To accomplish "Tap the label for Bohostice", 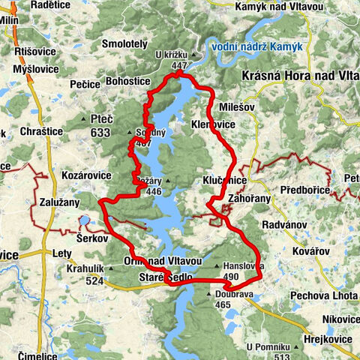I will tap(109, 79).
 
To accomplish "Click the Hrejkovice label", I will tap(326, 339).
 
